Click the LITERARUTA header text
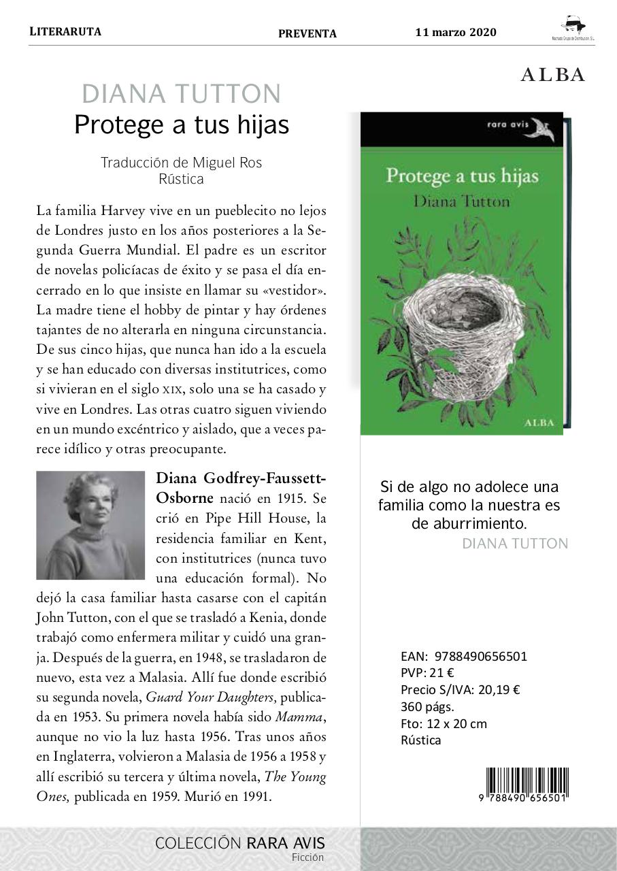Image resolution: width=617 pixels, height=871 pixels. [x=65, y=31]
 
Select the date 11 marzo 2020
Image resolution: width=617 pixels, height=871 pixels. [x=456, y=33]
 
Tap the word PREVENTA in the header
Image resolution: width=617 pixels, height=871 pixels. [x=307, y=33]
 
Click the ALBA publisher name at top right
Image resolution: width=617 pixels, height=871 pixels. [x=552, y=76]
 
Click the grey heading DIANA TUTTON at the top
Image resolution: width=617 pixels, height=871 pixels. [x=181, y=94]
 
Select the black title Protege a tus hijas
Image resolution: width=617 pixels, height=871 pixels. [x=182, y=125]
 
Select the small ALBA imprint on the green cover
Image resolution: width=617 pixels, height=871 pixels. [x=539, y=422]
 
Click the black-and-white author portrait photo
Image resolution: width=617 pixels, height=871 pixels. [x=90, y=525]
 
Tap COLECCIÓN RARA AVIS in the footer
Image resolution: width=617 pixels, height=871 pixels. [x=240, y=843]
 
